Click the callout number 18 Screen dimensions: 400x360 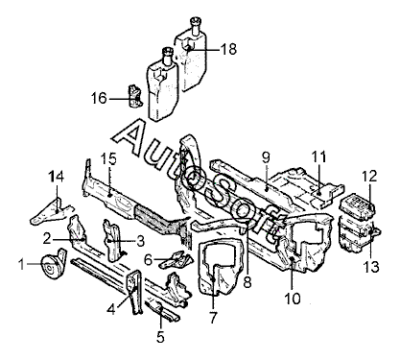pyautogui.click(x=228, y=49)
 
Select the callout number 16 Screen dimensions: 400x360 pyautogui.click(x=99, y=98)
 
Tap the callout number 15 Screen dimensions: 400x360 pyautogui.click(x=108, y=158)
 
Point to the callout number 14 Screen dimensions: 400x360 pyautogui.click(x=57, y=177)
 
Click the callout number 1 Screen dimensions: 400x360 pyautogui.click(x=21, y=264)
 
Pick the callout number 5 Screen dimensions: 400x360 pyautogui.click(x=160, y=337)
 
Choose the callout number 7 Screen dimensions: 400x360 pyautogui.click(x=213, y=318)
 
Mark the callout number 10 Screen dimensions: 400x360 pyautogui.click(x=293, y=299)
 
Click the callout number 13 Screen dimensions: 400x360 pyautogui.click(x=371, y=267)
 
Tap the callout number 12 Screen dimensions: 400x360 pyautogui.click(x=369, y=176)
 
